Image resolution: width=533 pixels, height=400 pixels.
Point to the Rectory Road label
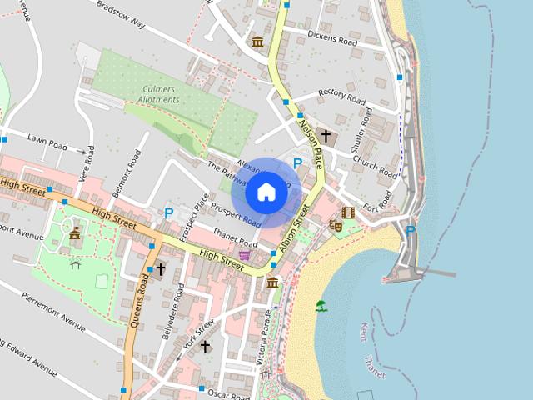[x=342, y=96]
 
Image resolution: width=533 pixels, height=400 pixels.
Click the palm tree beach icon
[x=321, y=306]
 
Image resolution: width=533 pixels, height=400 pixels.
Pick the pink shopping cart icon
[x=244, y=255]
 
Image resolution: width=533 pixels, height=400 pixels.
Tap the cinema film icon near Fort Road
[x=348, y=212]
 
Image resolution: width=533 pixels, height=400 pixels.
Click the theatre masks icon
[x=338, y=225]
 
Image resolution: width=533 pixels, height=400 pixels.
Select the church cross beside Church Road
[x=326, y=135]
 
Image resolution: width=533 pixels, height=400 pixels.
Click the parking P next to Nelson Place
[x=297, y=163]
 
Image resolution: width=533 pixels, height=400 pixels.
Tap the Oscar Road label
[x=228, y=392]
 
